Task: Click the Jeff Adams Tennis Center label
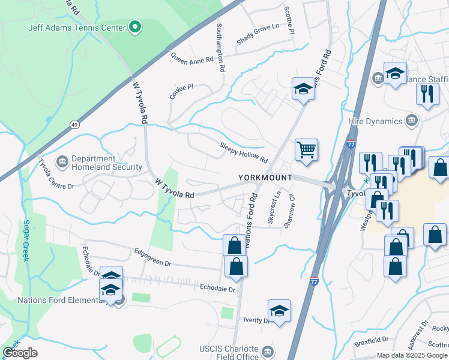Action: (77, 28)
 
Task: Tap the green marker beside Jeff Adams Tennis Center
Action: (136, 27)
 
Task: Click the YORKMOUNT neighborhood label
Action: (265, 178)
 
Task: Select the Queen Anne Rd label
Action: (192, 58)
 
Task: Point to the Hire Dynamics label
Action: (375, 121)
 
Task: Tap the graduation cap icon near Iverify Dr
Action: (279, 311)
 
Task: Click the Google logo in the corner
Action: (20, 352)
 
